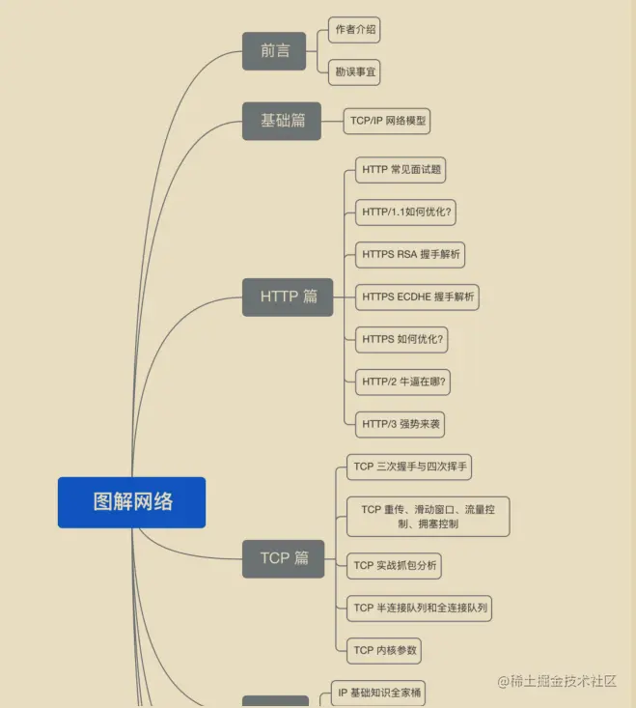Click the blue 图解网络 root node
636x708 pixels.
(x=131, y=502)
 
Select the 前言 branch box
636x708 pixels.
(x=274, y=51)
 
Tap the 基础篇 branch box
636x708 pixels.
(x=282, y=121)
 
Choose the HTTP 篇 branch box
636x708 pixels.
(x=288, y=297)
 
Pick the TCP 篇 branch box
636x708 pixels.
(x=283, y=558)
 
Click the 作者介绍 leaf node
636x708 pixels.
(x=353, y=30)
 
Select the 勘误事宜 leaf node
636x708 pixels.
(x=353, y=71)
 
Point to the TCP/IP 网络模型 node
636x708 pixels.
(x=388, y=122)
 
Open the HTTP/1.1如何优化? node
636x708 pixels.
(x=407, y=212)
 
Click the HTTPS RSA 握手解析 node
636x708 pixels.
(x=410, y=255)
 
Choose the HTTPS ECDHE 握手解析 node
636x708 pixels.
(x=417, y=297)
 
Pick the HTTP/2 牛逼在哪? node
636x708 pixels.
(x=404, y=382)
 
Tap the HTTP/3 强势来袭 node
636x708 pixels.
(x=401, y=424)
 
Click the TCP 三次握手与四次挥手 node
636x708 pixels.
(x=410, y=467)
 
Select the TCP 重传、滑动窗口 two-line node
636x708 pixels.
(x=428, y=517)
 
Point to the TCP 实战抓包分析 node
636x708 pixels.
(x=394, y=566)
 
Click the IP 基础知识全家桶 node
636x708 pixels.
(x=377, y=694)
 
